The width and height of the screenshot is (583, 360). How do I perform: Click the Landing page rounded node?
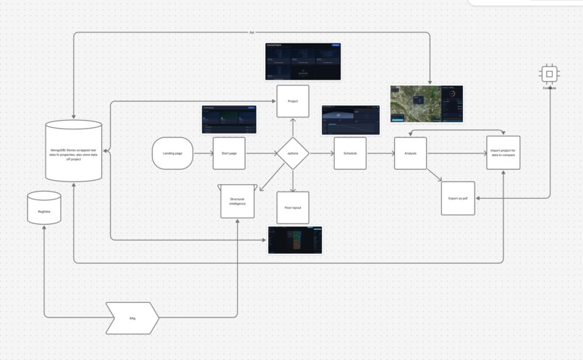pos(172,153)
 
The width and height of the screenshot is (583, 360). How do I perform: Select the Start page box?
pos(229,153)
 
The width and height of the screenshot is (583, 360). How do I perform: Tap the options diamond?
pos(292,153)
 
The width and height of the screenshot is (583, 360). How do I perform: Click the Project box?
pos(292,101)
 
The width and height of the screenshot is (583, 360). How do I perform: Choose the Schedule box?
pos(349,153)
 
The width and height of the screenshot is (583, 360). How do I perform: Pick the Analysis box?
pos(410,153)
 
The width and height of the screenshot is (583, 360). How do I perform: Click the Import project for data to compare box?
pos(503,153)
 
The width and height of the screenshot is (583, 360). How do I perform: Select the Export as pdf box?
pos(458,198)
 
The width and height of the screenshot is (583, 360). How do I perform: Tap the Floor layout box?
pos(292,207)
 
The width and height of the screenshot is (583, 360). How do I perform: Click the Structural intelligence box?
pos(237,201)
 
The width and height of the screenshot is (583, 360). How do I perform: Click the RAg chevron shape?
pos(132,318)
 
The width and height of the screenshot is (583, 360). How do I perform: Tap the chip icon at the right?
pos(549,74)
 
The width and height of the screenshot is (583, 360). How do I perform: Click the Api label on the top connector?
pos(252,33)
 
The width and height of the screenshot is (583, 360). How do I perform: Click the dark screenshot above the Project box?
pos(302,61)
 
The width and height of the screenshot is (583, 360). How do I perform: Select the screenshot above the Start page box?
pos(229,119)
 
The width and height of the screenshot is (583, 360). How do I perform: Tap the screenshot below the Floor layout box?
pos(295,240)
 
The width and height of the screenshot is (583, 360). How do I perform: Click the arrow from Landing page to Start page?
pos(203,153)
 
